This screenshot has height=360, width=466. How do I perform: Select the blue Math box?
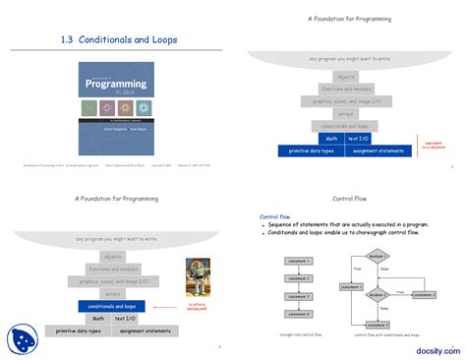(332, 139)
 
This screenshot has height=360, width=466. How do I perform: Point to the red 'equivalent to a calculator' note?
(434, 146)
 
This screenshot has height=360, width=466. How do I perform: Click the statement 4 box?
(298, 314)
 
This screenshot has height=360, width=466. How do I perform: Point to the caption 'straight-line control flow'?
(298, 335)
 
